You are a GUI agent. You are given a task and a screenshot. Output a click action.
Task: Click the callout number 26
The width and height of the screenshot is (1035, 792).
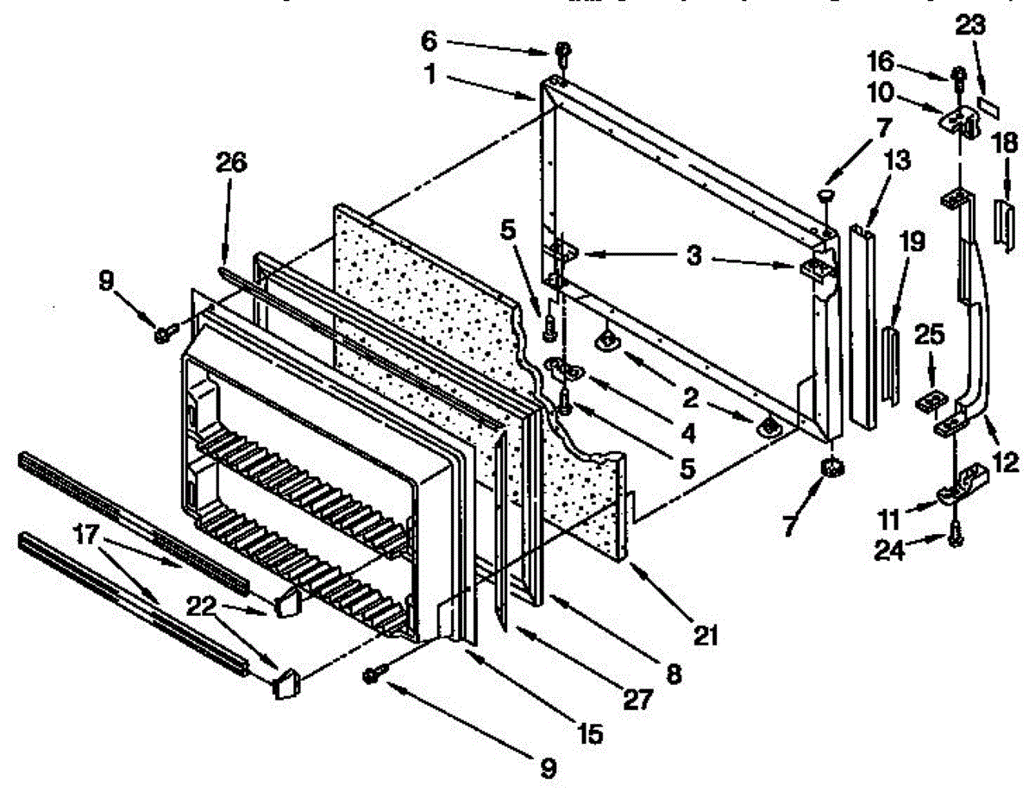point(232,161)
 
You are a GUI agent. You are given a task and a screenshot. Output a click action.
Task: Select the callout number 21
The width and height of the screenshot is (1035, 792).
point(706,637)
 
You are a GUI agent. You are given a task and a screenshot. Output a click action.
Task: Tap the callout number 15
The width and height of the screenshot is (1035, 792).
point(591,734)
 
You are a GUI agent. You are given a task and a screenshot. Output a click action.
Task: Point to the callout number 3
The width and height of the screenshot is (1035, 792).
point(692,255)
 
